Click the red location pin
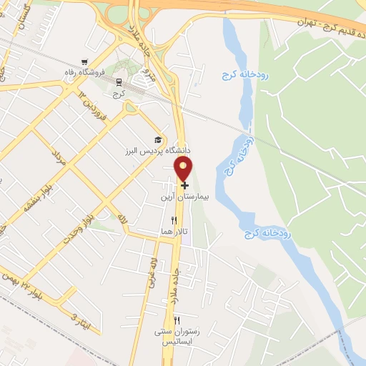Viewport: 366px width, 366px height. (184, 168)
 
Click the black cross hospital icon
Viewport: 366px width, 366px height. (185, 184)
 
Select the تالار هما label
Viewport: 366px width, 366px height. (173, 233)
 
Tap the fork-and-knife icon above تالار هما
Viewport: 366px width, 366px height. (174, 222)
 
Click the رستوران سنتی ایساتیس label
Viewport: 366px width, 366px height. (174, 336)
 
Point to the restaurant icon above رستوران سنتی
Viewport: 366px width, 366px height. (177, 320)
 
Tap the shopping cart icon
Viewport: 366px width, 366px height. (85, 62)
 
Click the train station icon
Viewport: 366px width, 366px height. (119, 82)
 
